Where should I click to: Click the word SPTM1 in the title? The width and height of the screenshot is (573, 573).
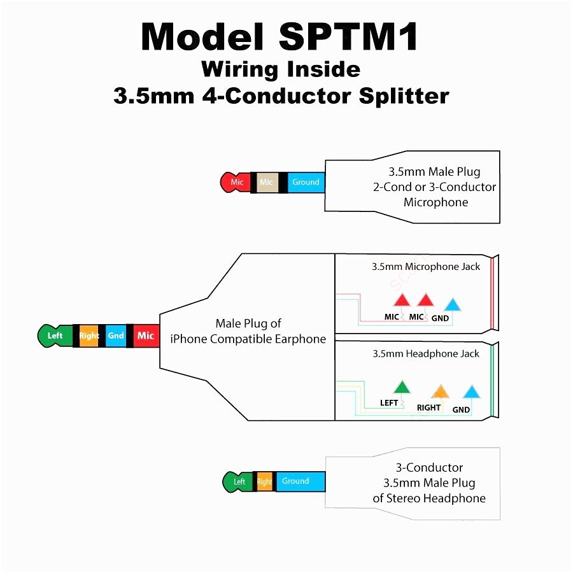click(348, 37)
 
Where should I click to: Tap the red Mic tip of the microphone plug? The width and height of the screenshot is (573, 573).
click(235, 182)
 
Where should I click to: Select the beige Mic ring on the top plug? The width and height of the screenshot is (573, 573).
click(266, 182)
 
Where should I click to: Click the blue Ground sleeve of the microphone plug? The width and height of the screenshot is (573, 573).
click(306, 182)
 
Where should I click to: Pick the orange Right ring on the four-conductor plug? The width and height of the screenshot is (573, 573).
click(89, 336)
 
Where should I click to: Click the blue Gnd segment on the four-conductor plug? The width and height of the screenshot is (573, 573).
click(116, 336)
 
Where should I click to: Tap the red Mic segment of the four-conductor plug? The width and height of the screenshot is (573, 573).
click(146, 336)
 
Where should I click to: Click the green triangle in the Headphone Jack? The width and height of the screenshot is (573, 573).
click(402, 386)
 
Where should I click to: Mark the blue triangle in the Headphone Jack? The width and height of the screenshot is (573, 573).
click(471, 392)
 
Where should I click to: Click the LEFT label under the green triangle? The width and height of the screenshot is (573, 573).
click(389, 402)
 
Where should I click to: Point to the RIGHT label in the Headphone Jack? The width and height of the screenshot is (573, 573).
click(429, 407)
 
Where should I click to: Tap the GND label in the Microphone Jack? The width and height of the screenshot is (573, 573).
click(440, 318)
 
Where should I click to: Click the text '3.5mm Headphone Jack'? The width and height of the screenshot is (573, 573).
click(426, 354)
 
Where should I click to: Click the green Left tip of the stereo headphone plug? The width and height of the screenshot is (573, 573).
click(237, 481)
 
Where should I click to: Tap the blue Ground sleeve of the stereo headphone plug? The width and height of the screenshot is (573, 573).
click(296, 481)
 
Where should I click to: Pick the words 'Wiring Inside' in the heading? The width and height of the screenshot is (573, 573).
click(280, 69)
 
